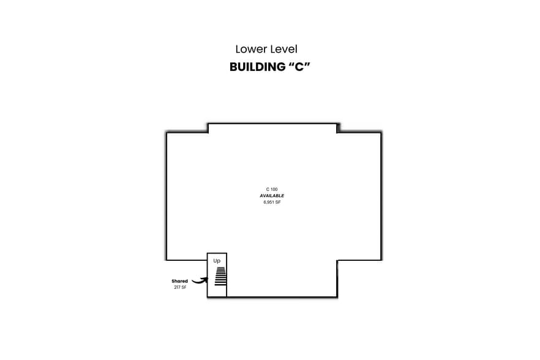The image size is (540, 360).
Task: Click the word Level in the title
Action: (282, 49)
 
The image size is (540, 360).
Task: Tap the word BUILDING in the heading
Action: (254, 67)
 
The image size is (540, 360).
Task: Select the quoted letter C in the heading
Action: (296, 67)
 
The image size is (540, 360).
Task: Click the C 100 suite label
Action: (272, 189)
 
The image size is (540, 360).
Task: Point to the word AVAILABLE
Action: (272, 195)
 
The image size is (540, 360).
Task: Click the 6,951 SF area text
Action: (272, 201)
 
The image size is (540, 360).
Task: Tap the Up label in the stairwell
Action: (217, 261)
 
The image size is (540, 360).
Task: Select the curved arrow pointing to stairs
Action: (198, 280)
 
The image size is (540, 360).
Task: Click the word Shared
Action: (179, 281)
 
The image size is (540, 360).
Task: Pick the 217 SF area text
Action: (179, 287)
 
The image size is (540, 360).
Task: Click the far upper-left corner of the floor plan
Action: (167, 132)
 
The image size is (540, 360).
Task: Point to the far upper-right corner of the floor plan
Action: (381, 132)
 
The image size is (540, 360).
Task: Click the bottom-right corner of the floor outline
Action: (337, 297)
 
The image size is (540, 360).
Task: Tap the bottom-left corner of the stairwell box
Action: (208, 297)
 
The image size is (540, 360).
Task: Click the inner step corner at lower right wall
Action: (337, 260)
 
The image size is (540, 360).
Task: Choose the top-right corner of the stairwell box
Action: (227, 253)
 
